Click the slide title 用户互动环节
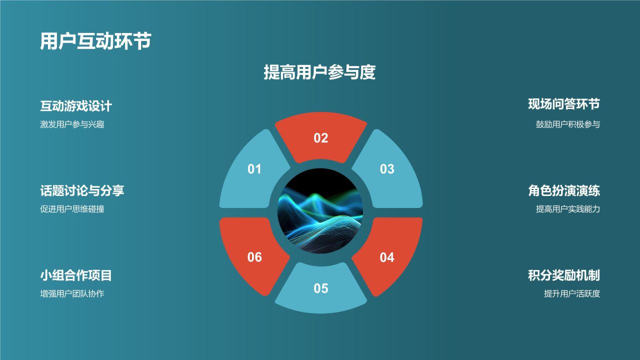(95, 41)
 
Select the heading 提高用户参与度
(319, 72)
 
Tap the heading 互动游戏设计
(76, 106)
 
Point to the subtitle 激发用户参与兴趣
(72, 124)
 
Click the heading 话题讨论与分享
(82, 190)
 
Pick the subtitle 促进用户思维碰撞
(72, 209)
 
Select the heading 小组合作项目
(76, 275)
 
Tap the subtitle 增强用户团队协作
(72, 293)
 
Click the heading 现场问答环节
(563, 104)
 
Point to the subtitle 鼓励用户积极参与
(567, 124)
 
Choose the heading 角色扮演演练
(563, 190)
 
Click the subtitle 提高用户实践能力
(567, 209)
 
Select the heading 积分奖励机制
(563, 275)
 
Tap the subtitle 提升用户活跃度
(571, 293)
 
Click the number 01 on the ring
(254, 169)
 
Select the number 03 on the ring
(387, 169)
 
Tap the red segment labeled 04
(387, 257)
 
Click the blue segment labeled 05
(320, 288)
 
